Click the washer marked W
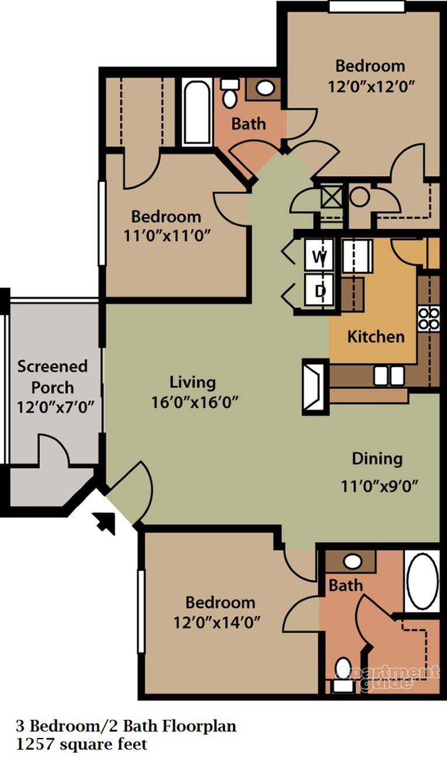pyautogui.click(x=319, y=256)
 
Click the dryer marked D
pyautogui.click(x=319, y=290)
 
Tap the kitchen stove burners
pyautogui.click(x=429, y=318)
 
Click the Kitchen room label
pyautogui.click(x=376, y=337)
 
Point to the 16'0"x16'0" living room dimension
pyautogui.click(x=193, y=402)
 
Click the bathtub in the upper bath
pyautogui.click(x=196, y=112)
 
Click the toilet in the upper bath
pyautogui.click(x=229, y=93)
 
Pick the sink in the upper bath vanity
pyautogui.click(x=266, y=88)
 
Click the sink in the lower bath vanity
pyautogui.click(x=352, y=562)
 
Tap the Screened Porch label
pyautogui.click(x=52, y=377)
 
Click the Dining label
pyautogui.click(x=377, y=459)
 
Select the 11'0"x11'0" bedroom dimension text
pyautogui.click(x=166, y=236)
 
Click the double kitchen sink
pyautogui.click(x=389, y=376)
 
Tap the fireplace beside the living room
pyautogui.click(x=315, y=387)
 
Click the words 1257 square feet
pyautogui.click(x=81, y=744)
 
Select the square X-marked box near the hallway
pyautogui.click(x=331, y=197)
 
